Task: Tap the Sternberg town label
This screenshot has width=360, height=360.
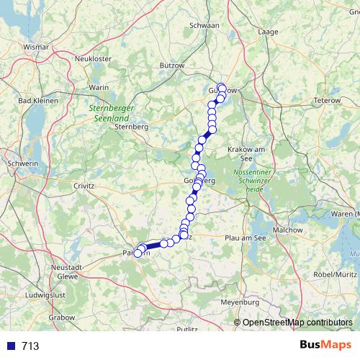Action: coord(131,127)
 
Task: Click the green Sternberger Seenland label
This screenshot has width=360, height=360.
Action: coord(108,113)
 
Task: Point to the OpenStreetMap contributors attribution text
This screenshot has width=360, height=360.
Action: coord(297,322)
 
